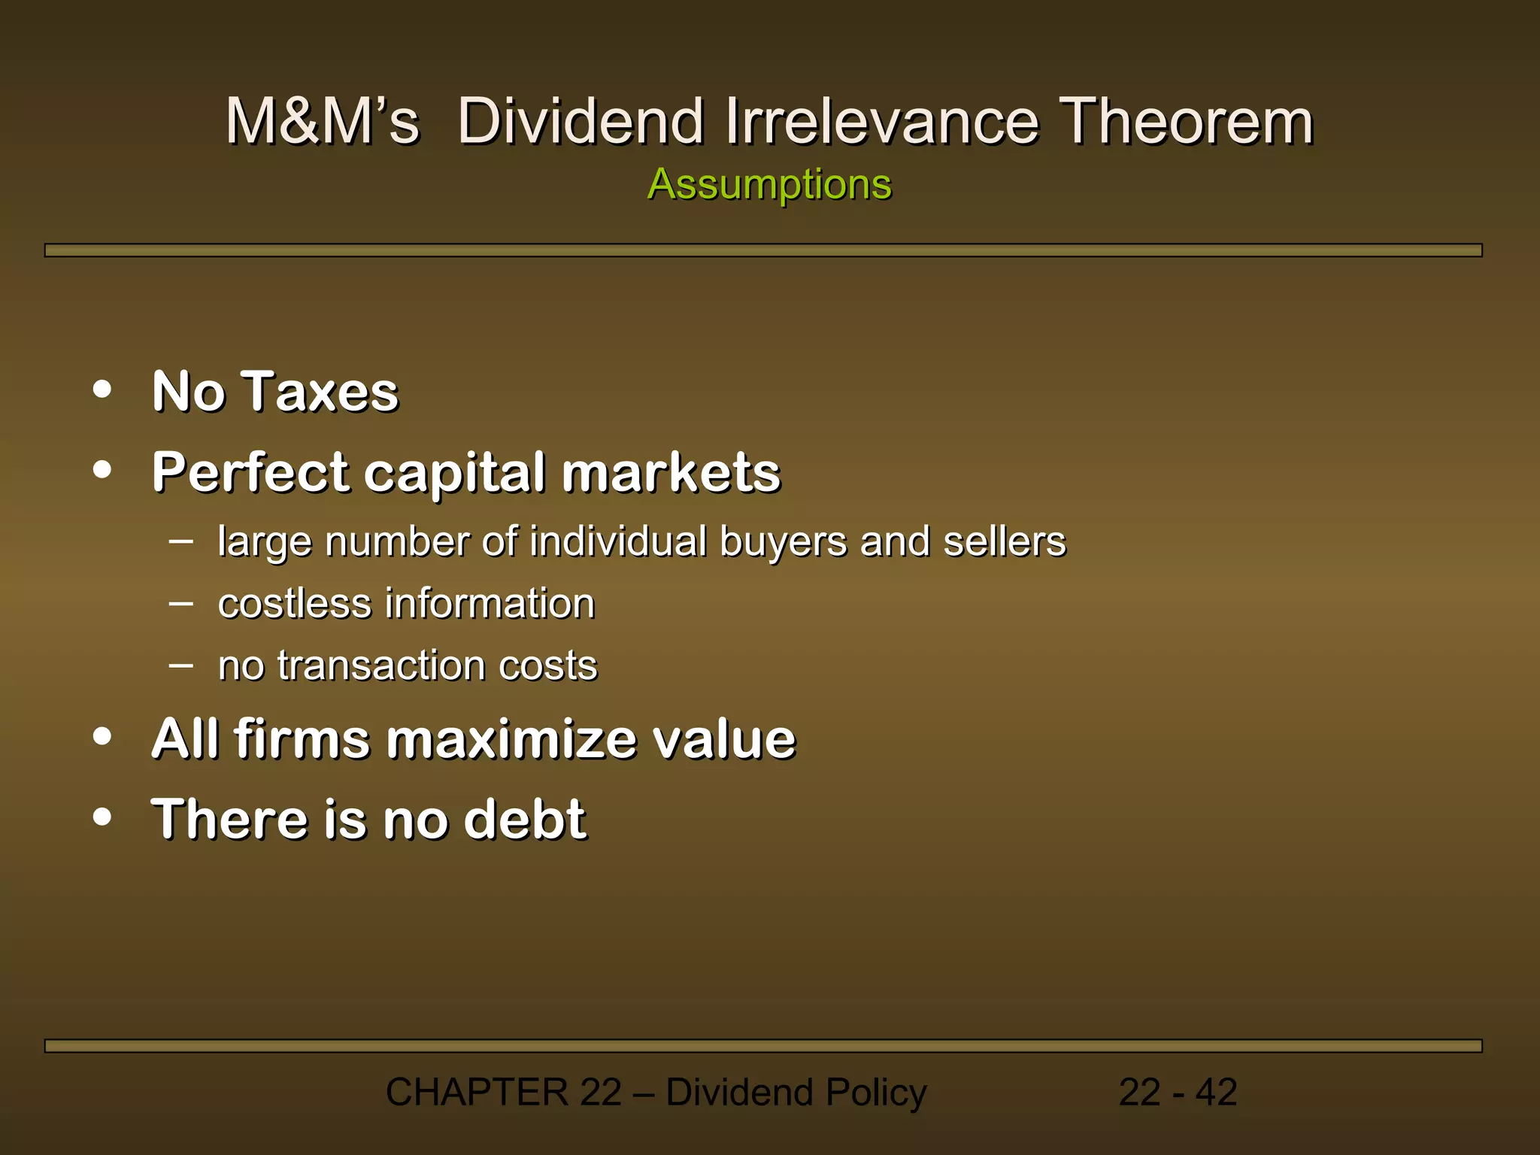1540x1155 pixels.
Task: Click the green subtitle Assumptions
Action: (769, 184)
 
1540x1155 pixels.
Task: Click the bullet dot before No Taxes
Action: (102, 390)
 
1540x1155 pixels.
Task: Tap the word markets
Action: (671, 473)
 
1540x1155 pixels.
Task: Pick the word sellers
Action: (1004, 541)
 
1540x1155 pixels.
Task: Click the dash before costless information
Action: (181, 603)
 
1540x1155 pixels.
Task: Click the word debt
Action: (524, 819)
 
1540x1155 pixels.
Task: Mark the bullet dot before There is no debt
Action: (102, 817)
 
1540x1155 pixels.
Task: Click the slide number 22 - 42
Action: (1178, 1092)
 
